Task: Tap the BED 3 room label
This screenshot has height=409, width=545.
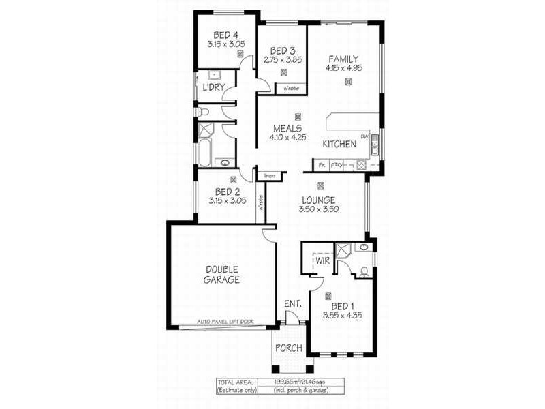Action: (x=282, y=50)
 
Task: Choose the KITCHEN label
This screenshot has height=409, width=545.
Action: (x=339, y=145)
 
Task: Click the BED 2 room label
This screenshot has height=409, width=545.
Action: (x=225, y=192)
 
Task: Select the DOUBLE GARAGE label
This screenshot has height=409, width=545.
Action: (x=223, y=274)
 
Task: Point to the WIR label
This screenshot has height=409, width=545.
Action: (x=323, y=260)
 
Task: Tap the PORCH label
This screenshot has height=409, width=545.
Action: (x=289, y=348)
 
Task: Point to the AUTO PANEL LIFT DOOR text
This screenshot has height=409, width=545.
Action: (x=224, y=321)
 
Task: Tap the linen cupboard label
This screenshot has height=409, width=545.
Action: (x=270, y=177)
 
